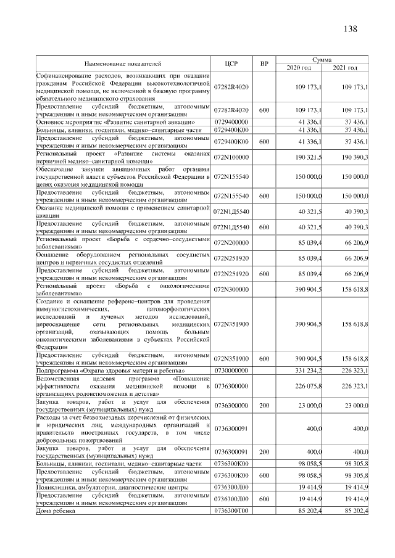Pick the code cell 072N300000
pos(231,288)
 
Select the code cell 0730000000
pos(231,371)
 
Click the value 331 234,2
pos(309,371)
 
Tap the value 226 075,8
pos(309,385)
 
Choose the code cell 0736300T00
pos(231,511)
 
